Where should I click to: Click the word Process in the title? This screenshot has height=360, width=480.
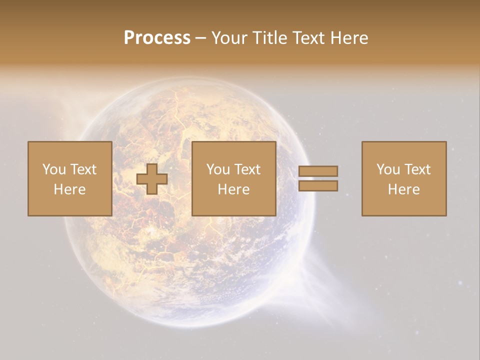157,38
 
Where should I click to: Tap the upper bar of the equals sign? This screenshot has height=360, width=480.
318,171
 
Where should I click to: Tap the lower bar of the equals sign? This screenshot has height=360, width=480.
318,186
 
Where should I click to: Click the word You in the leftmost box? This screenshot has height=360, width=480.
53,169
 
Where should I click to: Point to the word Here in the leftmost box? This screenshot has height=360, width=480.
69,189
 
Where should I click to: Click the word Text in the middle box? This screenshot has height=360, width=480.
247,169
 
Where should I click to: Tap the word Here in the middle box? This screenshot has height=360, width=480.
233,189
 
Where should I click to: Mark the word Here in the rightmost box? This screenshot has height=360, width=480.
403,189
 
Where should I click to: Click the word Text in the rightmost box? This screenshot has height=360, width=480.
417,169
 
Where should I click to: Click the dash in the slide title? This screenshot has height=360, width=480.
201,38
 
